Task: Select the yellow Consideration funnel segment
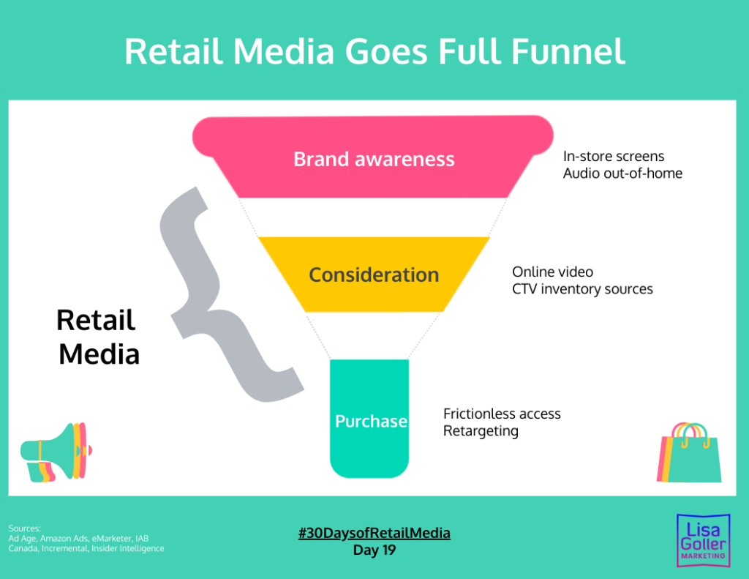tap(374, 274)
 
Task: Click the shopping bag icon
tap(690, 454)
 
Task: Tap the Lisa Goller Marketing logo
tap(702, 538)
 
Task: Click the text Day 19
tap(374, 550)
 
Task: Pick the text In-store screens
tap(614, 156)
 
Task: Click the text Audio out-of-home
tap(622, 173)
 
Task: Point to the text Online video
tap(552, 272)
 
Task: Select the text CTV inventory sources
tap(582, 289)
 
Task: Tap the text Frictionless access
tap(502, 414)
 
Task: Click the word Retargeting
tap(481, 431)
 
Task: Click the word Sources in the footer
tap(24, 528)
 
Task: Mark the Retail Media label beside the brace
tap(97, 337)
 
